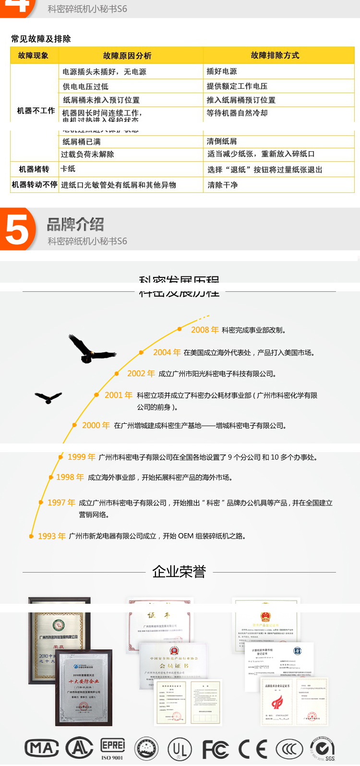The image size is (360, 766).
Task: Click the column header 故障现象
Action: [x=34, y=56]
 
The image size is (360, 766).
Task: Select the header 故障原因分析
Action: [x=127, y=56]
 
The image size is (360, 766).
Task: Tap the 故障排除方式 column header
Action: [x=275, y=56]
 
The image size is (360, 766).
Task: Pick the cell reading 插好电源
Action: [x=222, y=72]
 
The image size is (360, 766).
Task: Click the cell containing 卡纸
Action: [x=68, y=169]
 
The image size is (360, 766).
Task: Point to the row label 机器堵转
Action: [x=34, y=169]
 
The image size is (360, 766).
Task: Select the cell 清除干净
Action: [x=223, y=185]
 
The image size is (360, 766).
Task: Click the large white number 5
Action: [x=18, y=230]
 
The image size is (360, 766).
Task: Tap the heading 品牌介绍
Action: [x=75, y=225]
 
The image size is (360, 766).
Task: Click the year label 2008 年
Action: [x=205, y=330]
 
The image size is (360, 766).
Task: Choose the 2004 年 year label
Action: [x=167, y=353]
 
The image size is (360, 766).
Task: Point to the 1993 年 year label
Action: [x=52, y=536]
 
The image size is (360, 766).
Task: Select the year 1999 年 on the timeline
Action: [x=82, y=457]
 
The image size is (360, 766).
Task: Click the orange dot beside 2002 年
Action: [x=117, y=373]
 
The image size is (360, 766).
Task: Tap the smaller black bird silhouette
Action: [x=48, y=397]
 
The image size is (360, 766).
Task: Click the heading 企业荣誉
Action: [x=179, y=572]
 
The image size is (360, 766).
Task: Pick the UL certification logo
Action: [x=180, y=749]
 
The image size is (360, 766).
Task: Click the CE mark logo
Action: [x=253, y=749]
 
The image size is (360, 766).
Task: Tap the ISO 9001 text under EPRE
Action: [x=112, y=758]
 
